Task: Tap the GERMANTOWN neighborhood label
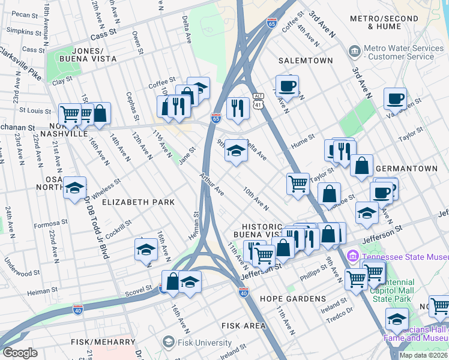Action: pos(409,169)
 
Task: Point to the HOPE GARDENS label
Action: pos(293,299)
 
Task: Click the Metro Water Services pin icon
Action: pos(355,52)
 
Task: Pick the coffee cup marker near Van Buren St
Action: pos(395,98)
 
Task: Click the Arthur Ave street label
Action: pos(212,184)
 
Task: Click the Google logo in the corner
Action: pos(20,353)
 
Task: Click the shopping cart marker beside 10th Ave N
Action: pos(298,184)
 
